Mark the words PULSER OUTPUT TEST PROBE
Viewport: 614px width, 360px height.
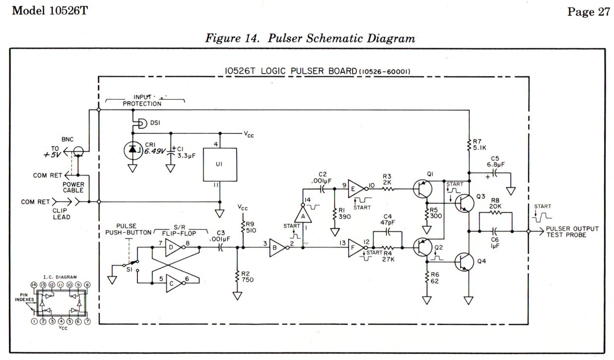tap(572, 232)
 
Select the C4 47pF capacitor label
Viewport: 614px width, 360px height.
tap(389, 219)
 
